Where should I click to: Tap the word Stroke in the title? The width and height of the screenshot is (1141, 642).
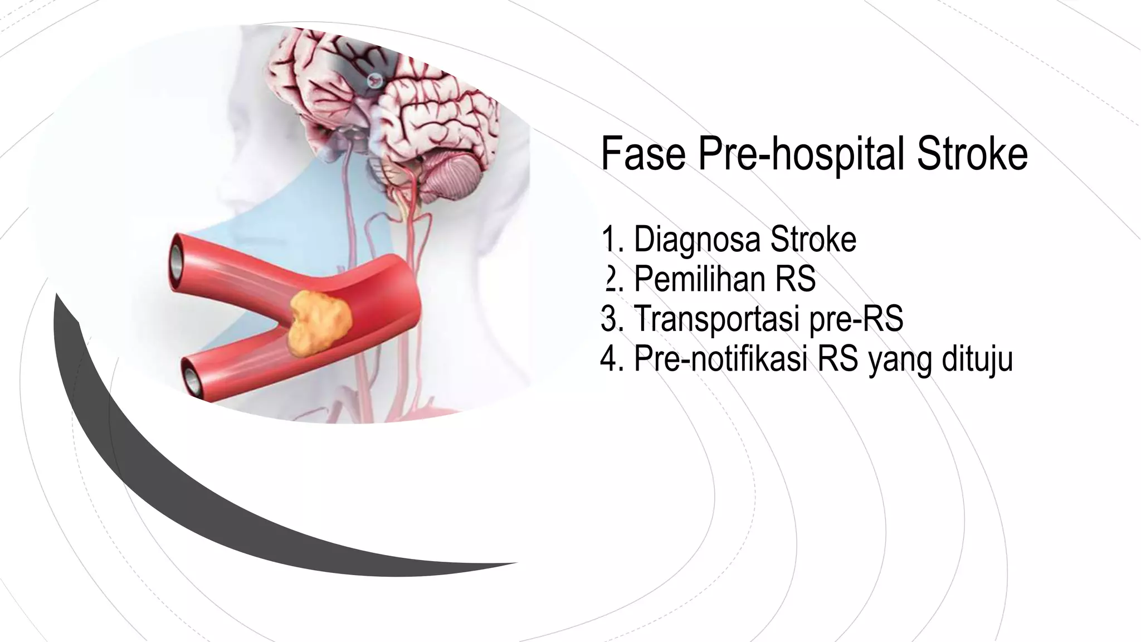(x=972, y=154)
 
